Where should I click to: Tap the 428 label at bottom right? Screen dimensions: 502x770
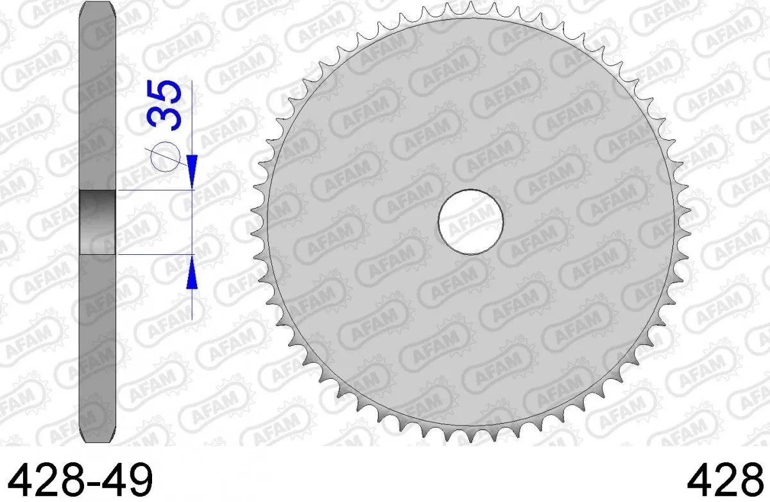click(728, 478)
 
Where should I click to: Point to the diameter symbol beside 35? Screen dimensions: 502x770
click(164, 156)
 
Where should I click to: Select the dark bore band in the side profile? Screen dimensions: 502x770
click(97, 221)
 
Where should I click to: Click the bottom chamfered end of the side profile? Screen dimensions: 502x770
click(97, 437)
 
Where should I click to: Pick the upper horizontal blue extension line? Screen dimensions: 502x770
click(154, 190)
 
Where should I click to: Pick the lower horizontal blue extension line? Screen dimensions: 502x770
click(154, 254)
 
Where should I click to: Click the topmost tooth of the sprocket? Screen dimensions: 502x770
click(471, 6)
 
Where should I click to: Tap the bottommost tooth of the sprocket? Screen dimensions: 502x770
click(470, 437)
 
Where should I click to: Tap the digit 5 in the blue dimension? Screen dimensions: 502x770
click(164, 92)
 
